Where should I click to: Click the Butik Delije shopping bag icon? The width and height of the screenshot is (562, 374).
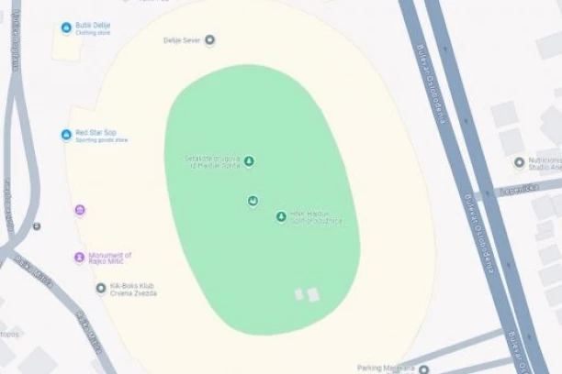[66, 27]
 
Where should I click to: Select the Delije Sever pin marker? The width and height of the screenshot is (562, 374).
[210, 39]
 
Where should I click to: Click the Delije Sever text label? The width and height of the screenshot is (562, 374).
[182, 40]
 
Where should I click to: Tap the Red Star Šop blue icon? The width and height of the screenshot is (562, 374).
[66, 135]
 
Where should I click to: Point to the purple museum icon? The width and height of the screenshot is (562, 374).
[80, 211]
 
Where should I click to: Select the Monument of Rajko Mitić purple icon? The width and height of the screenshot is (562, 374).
[79, 257]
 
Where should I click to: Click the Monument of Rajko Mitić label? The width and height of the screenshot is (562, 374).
[110, 258]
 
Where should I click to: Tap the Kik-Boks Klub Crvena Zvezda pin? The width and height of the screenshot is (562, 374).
[101, 288]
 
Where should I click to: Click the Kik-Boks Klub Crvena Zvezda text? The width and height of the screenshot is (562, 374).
[133, 290]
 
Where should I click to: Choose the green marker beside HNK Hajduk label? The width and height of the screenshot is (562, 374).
[281, 217]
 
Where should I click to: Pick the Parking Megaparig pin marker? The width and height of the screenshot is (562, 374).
[423, 368]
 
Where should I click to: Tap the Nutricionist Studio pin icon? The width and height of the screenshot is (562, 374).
[519, 162]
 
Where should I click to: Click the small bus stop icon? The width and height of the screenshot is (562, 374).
[37, 225]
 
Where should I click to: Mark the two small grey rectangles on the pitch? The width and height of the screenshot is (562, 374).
[306, 294]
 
